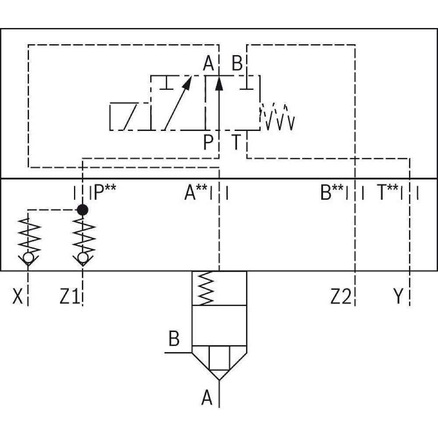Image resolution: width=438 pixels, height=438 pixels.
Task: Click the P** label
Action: click(x=104, y=193)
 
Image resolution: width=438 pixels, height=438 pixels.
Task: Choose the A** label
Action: click(x=196, y=193)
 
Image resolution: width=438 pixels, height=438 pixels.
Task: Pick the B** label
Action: click(x=332, y=193)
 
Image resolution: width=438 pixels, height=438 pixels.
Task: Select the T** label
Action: click(x=388, y=193)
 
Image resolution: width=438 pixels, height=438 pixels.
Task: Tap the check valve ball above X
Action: click(x=28, y=258)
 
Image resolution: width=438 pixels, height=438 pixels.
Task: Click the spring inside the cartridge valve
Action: click(x=205, y=288)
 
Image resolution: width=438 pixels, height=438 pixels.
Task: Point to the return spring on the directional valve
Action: click(x=278, y=117)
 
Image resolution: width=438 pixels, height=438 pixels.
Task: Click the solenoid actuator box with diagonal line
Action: click(x=130, y=117)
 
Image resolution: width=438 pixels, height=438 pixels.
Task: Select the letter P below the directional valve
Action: click(x=208, y=142)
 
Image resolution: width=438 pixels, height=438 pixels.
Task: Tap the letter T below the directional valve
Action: click(x=237, y=142)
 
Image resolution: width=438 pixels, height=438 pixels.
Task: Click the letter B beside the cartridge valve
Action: click(x=174, y=339)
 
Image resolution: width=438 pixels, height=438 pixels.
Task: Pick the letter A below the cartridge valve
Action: click(x=207, y=398)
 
